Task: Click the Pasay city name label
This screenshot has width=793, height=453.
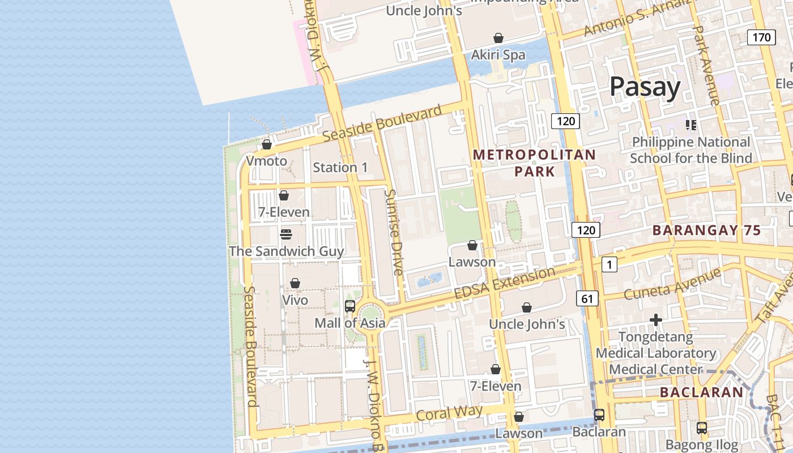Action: coord(645,87)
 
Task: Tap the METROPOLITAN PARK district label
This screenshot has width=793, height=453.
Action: coord(534,163)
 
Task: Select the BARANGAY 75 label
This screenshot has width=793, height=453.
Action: coord(706,230)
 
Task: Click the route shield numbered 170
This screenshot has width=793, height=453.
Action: coord(761,37)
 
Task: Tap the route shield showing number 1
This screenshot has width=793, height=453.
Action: coord(609,264)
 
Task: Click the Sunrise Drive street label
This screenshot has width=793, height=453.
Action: coord(393,232)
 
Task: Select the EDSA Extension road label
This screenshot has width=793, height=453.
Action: coord(505,283)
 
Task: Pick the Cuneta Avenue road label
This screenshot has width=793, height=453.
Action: coord(672,284)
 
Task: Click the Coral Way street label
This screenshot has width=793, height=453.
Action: coord(449,412)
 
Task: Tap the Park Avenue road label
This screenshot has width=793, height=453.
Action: coord(706,65)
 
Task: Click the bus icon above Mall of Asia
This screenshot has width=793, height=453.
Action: coord(350,306)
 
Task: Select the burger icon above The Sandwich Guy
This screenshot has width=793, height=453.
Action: coord(286,234)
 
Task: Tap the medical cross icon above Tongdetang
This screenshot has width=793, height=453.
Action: coord(655,320)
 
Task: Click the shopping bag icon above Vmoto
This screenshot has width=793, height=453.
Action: coord(266,144)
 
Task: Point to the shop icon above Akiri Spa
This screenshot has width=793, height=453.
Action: coord(498,38)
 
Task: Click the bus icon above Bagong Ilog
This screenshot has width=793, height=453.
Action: coord(701,428)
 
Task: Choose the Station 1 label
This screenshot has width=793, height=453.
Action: coord(340,168)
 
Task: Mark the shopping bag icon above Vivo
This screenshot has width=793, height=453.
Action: coord(295,283)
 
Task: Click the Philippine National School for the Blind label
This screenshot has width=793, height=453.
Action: coord(690,150)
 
